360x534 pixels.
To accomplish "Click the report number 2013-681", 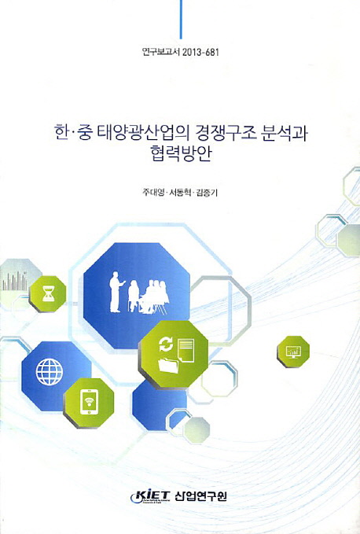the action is coord(200,52).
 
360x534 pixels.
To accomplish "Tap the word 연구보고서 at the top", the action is coord(161,52).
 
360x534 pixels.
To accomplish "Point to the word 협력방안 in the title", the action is coord(180,153).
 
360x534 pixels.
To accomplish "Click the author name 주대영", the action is coord(153,193).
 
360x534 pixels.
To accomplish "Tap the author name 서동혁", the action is coord(180,193).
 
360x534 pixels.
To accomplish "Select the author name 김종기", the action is coord(206,193).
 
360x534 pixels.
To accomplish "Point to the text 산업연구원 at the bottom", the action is coord(200,496).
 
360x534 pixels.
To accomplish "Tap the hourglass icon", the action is coord(49,293).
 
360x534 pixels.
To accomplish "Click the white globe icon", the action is coord(50,371).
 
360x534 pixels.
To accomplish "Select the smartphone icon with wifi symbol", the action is coord(89,403).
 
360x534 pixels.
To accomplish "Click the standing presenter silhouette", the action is coord(116,292).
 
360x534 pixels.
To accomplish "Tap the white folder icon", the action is coord(168,365).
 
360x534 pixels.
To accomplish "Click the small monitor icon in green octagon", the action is coord(293,351).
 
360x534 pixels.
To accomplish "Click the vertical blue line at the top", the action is coord(181,20).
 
